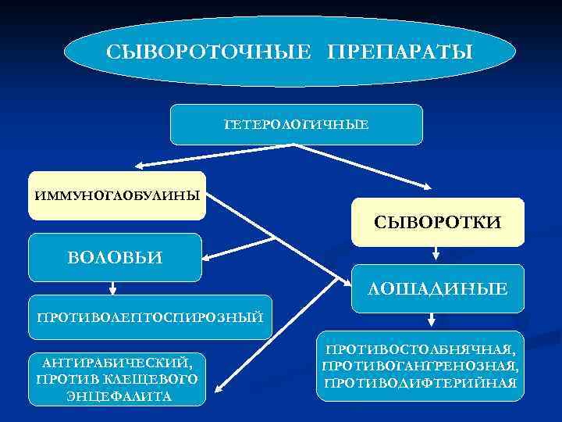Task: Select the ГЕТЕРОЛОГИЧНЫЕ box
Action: tap(296, 124)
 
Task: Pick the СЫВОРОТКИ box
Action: tap(438, 223)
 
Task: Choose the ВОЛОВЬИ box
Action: tap(115, 257)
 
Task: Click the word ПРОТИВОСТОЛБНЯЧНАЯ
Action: tap(420, 349)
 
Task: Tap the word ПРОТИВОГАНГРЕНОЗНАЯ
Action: tap(420, 366)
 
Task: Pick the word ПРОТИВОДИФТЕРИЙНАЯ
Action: tap(420, 383)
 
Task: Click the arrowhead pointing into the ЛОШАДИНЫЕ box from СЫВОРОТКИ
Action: tap(436, 259)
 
